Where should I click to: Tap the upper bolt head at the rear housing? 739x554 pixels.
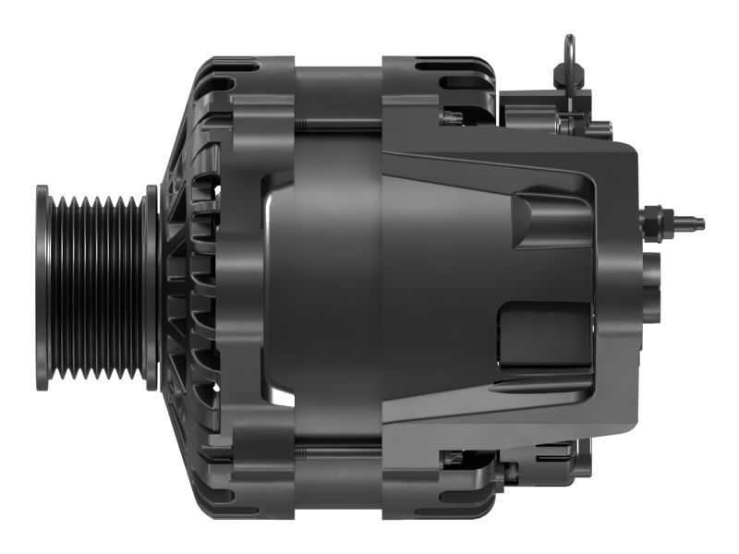click(x=452, y=117)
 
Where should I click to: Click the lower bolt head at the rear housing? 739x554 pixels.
click(x=452, y=457)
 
